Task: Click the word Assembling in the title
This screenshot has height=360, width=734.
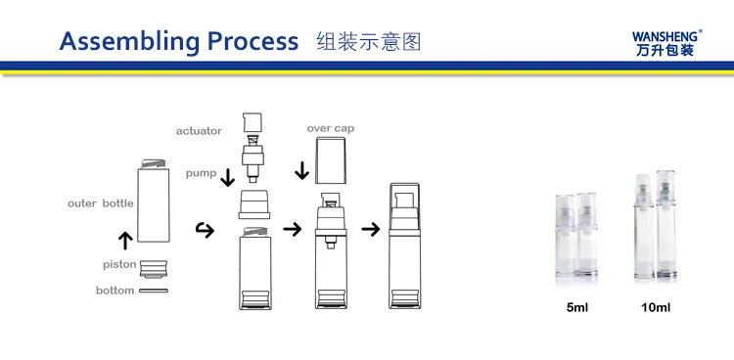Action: tap(129, 41)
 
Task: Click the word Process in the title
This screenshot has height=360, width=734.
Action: tap(252, 41)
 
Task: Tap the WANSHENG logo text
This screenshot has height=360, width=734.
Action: tap(666, 36)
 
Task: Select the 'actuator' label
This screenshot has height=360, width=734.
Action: tap(199, 131)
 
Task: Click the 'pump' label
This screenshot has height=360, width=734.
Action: tap(202, 174)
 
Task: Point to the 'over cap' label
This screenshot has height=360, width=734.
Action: tap(331, 128)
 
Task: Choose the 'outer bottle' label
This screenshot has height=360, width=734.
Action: tap(101, 203)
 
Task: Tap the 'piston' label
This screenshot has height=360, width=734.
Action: tap(119, 264)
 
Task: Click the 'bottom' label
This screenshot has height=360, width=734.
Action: tap(115, 291)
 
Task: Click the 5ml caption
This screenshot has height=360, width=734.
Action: tap(576, 307)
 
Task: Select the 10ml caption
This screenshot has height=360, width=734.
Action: tap(656, 307)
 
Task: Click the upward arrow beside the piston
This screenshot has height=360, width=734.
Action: tap(125, 240)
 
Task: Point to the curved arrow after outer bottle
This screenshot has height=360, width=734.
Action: tap(205, 229)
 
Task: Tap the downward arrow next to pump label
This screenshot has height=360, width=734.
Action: tap(227, 177)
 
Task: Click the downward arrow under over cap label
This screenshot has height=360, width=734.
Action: tap(302, 171)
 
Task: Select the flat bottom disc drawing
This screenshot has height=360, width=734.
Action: tap(154, 291)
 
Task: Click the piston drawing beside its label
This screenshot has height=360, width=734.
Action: tap(154, 269)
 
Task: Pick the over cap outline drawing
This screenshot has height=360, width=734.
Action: tap(331, 160)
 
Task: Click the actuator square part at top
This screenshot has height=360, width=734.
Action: tap(252, 122)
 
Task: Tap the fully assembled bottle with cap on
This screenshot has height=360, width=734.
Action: tap(404, 246)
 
